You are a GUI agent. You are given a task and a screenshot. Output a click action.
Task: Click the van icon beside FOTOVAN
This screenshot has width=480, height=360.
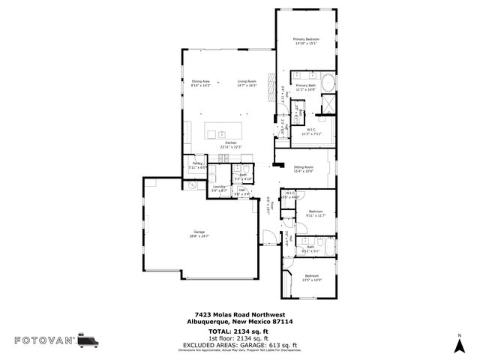pyautogui.click(x=89, y=340)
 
